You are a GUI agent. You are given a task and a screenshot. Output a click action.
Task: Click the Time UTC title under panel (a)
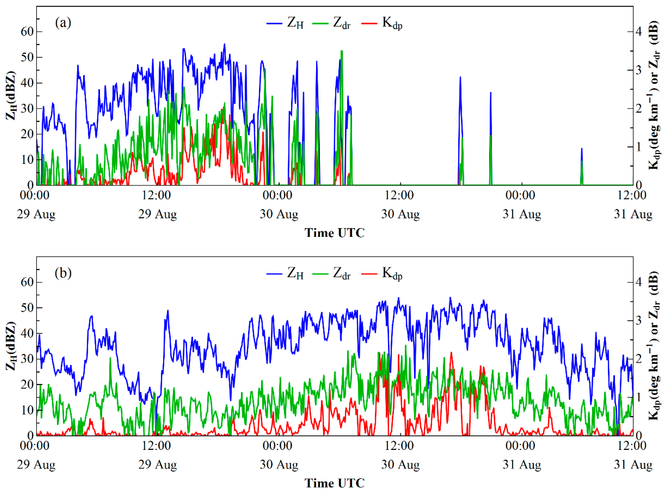[x=334, y=233]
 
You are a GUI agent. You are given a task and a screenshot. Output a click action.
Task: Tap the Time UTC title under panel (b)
[x=334, y=483]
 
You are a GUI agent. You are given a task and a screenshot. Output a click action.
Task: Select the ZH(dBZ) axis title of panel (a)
[x=11, y=95]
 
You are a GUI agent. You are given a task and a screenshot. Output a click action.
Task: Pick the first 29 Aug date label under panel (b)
[x=36, y=465]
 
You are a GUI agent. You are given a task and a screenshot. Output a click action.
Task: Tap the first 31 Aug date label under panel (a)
[x=522, y=214]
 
